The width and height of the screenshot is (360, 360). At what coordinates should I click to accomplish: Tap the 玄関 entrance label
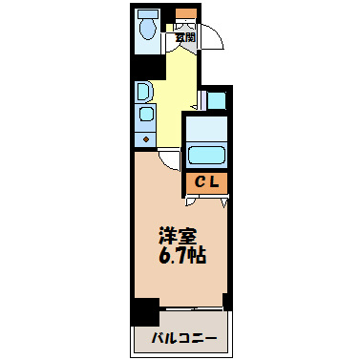(x=185, y=37)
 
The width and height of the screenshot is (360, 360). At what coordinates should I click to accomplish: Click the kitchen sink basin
(x=146, y=116)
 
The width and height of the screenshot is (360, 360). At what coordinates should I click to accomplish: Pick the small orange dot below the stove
(x=146, y=139)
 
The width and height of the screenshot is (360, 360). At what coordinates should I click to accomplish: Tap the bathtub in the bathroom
(x=206, y=156)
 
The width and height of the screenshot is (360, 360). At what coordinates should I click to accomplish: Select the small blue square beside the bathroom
(x=217, y=99)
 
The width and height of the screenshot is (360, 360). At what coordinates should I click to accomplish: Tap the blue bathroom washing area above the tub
(x=206, y=127)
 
